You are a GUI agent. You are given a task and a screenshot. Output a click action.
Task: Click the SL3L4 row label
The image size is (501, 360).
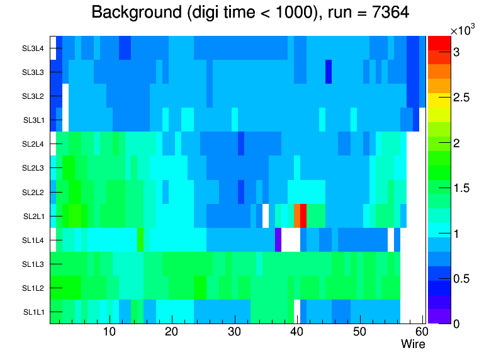pyautogui.click(x=33, y=48)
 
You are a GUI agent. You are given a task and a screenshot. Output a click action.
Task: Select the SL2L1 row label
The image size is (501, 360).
pyautogui.click(x=33, y=217)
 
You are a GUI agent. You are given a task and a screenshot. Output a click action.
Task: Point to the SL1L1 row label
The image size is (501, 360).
pyautogui.click(x=33, y=312)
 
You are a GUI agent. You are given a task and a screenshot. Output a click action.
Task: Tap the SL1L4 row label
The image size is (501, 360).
pyautogui.click(x=33, y=240)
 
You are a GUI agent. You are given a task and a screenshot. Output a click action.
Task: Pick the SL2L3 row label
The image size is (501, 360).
pyautogui.click(x=33, y=168)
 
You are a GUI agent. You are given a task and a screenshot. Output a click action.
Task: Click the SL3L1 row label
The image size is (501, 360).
pyautogui.click(x=33, y=120)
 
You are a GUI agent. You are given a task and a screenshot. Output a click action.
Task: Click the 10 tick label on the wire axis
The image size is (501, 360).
pyautogui.click(x=110, y=332)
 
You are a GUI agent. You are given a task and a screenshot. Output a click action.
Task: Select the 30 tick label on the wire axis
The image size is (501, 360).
pyautogui.click(x=235, y=332)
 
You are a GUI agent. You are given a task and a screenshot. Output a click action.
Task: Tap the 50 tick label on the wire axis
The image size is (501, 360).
pyautogui.click(x=360, y=332)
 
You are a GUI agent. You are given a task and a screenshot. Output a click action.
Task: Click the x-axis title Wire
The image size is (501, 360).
pyautogui.click(x=413, y=344)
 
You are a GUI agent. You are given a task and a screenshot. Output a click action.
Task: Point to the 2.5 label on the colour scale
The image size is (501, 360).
pyautogui.click(x=461, y=98)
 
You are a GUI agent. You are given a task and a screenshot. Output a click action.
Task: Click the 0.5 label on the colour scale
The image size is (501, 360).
pyautogui.click(x=461, y=279)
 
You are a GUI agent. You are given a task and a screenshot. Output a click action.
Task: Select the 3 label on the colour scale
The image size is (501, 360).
pyautogui.click(x=456, y=52)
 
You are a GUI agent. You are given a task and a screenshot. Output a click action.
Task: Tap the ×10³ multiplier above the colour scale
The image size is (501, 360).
pyautogui.click(x=463, y=30)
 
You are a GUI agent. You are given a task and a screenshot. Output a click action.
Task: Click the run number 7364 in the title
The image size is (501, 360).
pyautogui.click(x=390, y=13)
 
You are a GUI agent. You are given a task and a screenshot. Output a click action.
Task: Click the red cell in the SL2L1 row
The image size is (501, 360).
pyautogui.click(x=303, y=216)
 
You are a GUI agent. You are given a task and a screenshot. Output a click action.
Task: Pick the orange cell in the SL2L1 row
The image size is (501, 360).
pyautogui.click(x=297, y=216)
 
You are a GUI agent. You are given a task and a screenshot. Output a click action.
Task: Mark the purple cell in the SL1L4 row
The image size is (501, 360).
pyautogui.click(x=278, y=240)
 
